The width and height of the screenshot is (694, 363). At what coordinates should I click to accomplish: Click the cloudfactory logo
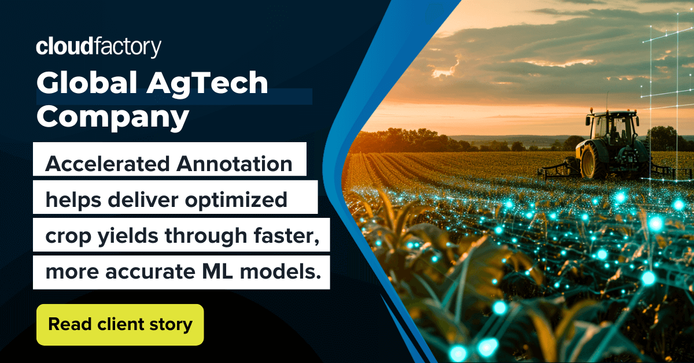pyautogui.click(x=98, y=47)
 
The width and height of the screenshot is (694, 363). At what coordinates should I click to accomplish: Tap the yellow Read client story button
pyautogui.click(x=120, y=324)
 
